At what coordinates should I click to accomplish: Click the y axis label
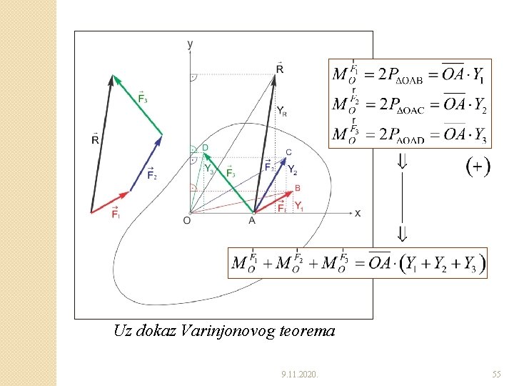[x=190, y=44]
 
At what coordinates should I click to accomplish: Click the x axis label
[x=358, y=213]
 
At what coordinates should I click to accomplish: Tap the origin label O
[x=186, y=221]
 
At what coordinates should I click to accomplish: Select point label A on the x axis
[x=252, y=221]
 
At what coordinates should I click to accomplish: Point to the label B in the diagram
[x=298, y=188]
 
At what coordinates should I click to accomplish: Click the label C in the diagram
[x=288, y=152]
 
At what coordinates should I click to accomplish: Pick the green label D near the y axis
[x=205, y=148]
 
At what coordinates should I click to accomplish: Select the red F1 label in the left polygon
[x=115, y=214]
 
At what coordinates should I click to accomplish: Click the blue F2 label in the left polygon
[x=151, y=174]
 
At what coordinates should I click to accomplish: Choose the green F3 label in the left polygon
[x=142, y=97]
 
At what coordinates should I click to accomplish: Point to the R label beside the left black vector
[x=95, y=139]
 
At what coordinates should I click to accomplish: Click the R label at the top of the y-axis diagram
[x=279, y=69]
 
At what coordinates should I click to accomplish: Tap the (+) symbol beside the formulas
[x=478, y=167]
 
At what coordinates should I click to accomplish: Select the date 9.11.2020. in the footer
[x=301, y=374]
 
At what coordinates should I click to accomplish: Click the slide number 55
[x=496, y=374]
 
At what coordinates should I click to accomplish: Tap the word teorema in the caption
[x=311, y=331]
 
